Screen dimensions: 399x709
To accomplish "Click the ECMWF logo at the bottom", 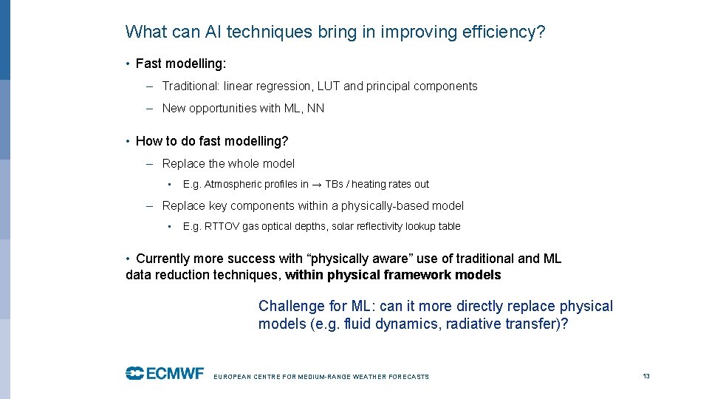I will click(x=164, y=373).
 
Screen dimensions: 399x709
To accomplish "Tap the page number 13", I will click(x=646, y=376).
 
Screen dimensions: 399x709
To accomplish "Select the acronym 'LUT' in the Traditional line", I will click(x=328, y=86).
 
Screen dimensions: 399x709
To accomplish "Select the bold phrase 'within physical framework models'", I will click(x=393, y=276).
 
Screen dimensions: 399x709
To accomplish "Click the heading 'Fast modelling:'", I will click(x=181, y=64).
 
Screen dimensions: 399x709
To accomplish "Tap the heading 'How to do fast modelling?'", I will click(x=212, y=141).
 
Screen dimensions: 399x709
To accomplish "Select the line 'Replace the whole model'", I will click(x=228, y=164).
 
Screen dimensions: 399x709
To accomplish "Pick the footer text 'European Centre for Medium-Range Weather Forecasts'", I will click(x=321, y=377).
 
